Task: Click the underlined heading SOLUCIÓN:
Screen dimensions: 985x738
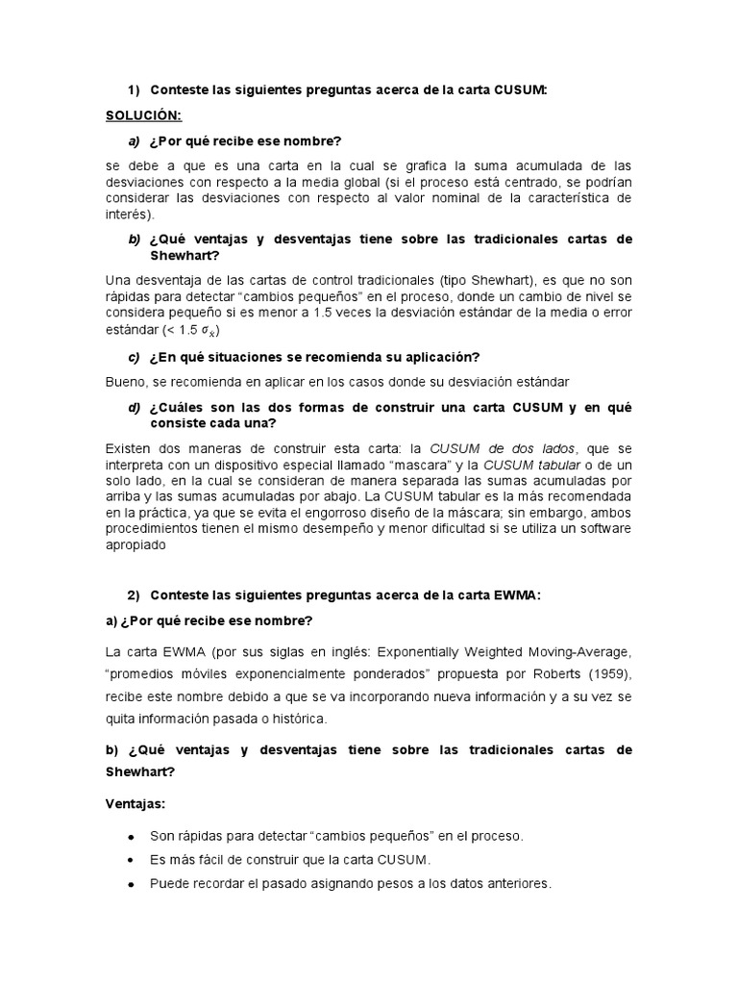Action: [143, 114]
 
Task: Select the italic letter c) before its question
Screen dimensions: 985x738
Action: [135, 356]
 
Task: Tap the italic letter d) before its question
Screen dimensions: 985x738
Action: [135, 408]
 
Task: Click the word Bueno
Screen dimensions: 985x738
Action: [126, 382]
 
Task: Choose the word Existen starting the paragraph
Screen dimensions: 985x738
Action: [131, 449]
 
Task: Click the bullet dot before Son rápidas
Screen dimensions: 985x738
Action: [130, 834]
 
